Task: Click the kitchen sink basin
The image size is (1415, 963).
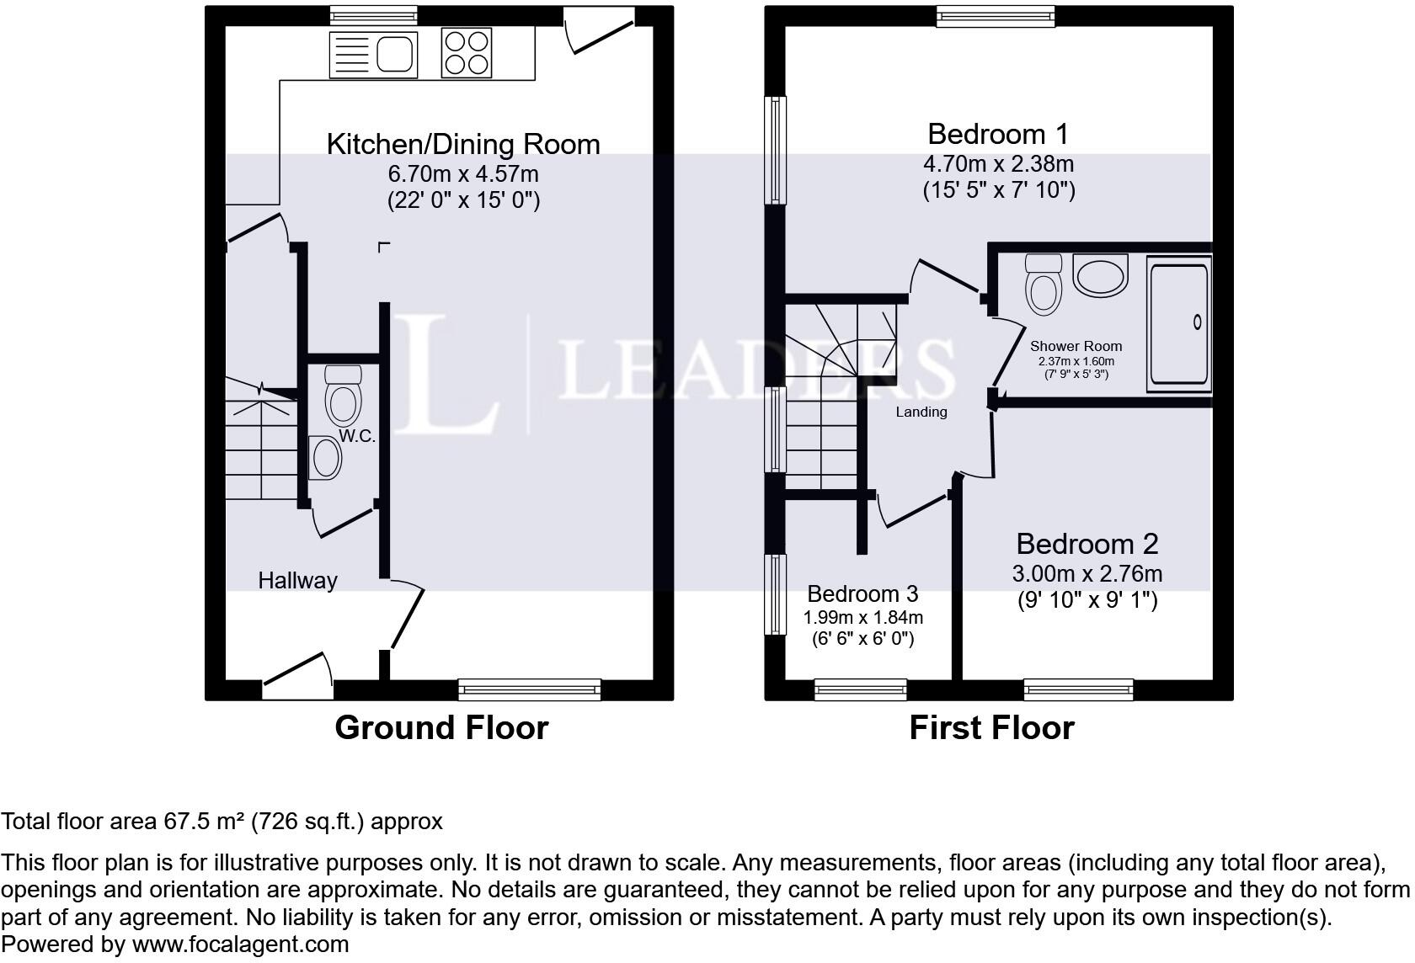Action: pos(396,54)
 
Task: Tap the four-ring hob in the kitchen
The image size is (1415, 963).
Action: pos(467,53)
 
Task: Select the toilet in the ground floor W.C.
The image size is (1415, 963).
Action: pos(344,398)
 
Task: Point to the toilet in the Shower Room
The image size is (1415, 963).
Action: pos(1043,286)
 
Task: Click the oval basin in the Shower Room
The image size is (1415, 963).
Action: pos(1100,275)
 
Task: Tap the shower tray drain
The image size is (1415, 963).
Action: pos(1197,322)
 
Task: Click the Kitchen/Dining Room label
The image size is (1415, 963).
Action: pos(463,144)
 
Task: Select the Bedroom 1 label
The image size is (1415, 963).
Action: pos(998,134)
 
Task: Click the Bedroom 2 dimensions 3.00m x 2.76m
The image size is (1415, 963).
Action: pos(1087,574)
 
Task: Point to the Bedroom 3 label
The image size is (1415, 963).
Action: pos(862,594)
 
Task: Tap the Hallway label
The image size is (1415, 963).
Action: pos(297,580)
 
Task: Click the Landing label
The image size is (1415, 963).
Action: pos(921,412)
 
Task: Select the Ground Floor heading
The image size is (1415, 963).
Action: pos(441,727)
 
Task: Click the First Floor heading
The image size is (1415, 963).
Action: pos(991,727)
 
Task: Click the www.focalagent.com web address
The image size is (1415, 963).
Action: pos(240,944)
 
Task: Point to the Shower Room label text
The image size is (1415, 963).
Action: pos(1076,346)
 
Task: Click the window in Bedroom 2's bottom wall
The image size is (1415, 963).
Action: pos(1078,690)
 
